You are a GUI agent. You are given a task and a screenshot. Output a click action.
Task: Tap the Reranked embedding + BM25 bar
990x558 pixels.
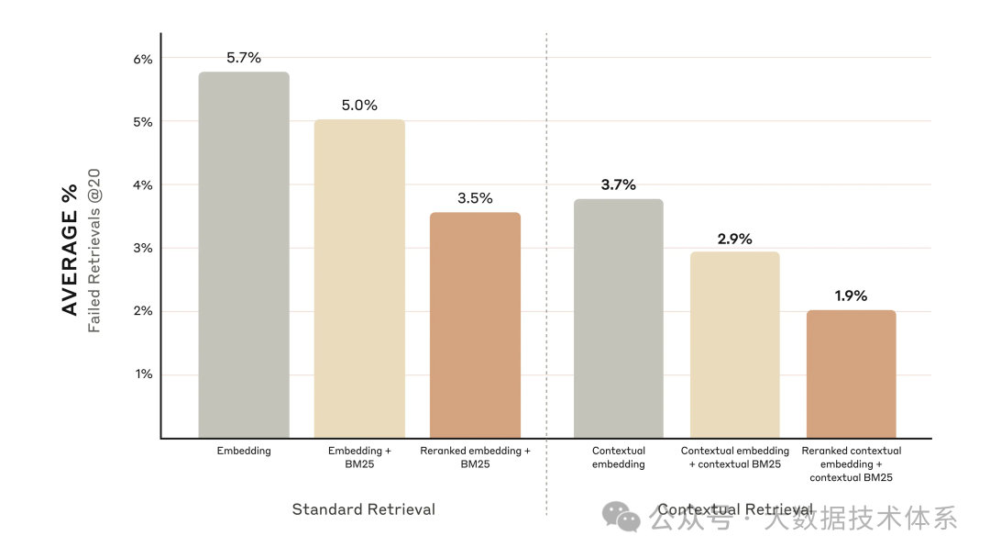[x=475, y=325]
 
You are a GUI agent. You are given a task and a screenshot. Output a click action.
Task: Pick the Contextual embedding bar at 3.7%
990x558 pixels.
[x=619, y=318]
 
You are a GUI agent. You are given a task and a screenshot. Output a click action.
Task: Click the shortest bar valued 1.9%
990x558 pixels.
[x=851, y=374]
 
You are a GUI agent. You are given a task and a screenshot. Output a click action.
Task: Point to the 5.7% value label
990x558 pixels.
[x=244, y=58]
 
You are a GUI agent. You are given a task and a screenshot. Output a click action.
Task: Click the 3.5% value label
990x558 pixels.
[x=475, y=198]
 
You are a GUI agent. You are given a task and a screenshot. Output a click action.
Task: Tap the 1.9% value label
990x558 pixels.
[x=851, y=296]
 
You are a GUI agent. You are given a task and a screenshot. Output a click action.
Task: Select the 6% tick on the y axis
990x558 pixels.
[x=143, y=59]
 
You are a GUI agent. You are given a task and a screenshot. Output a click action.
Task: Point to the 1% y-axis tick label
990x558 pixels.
[x=143, y=374]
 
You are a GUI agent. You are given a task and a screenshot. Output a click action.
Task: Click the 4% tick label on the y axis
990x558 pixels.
[x=143, y=185]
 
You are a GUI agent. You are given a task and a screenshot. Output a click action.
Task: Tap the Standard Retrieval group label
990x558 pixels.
[x=363, y=509]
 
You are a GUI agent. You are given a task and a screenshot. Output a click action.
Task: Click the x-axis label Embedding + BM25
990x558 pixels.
[x=359, y=457]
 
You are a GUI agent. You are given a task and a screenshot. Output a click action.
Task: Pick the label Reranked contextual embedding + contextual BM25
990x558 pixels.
[x=851, y=463]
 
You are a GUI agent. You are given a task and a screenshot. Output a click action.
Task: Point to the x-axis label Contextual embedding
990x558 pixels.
[x=619, y=457]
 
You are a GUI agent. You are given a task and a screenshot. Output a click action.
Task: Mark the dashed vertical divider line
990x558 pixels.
[x=546, y=275]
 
